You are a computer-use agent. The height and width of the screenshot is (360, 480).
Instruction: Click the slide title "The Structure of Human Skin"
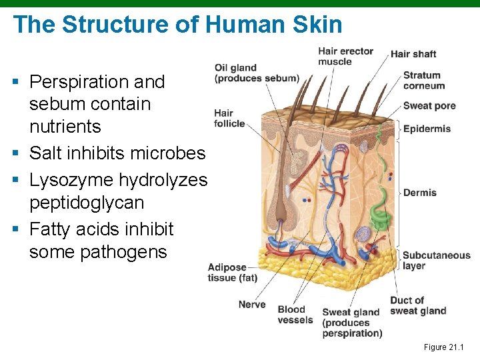click(x=177, y=25)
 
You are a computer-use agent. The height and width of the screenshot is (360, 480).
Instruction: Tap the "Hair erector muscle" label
click(x=345, y=57)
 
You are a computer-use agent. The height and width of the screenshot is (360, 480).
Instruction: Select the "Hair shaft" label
click(x=413, y=54)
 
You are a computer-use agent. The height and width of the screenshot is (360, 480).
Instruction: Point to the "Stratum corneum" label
click(x=423, y=81)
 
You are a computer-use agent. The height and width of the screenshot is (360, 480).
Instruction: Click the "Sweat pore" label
click(x=429, y=105)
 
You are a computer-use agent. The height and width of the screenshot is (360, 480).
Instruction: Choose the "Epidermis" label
click(x=427, y=129)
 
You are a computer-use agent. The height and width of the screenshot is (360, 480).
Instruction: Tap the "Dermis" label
click(x=420, y=193)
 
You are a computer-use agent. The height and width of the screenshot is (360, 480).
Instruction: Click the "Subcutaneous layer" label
click(x=436, y=260)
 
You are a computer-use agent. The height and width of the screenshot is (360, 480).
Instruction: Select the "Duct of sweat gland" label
click(x=418, y=305)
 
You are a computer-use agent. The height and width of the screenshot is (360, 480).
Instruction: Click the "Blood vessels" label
click(x=295, y=315)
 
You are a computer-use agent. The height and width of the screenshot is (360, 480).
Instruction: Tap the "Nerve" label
click(x=252, y=305)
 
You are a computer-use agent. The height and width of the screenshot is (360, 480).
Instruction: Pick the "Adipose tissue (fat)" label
click(x=232, y=273)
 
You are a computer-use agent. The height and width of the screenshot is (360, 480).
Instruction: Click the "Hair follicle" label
click(x=229, y=118)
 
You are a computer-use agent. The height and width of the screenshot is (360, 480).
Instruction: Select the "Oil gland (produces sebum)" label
click(x=256, y=73)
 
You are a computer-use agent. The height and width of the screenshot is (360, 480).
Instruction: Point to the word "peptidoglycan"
click(x=86, y=202)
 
